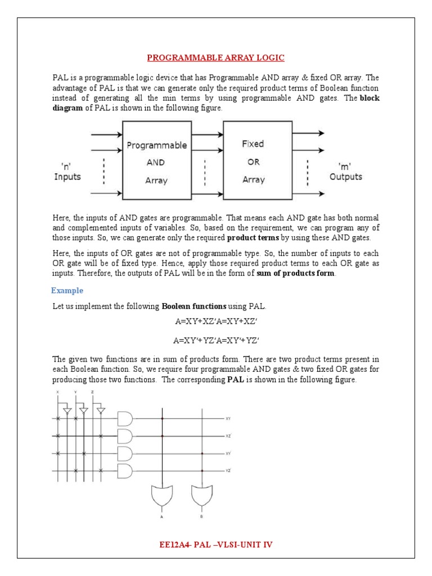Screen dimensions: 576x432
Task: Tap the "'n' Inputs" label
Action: click(x=67, y=172)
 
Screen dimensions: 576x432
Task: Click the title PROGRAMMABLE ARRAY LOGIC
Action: click(x=216, y=57)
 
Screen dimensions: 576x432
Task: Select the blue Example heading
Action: click(x=67, y=290)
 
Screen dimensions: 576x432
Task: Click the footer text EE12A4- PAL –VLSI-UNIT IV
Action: click(x=216, y=544)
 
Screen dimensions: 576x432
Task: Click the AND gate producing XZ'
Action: click(x=125, y=436)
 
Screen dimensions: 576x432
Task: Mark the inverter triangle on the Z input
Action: click(x=101, y=411)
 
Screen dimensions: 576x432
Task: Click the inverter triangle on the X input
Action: click(x=67, y=411)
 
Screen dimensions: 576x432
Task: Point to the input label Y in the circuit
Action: click(x=75, y=393)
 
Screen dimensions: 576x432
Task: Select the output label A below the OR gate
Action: click(x=163, y=515)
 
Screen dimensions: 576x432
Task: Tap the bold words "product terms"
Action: click(x=253, y=237)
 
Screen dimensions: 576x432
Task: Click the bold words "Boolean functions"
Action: click(x=194, y=306)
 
